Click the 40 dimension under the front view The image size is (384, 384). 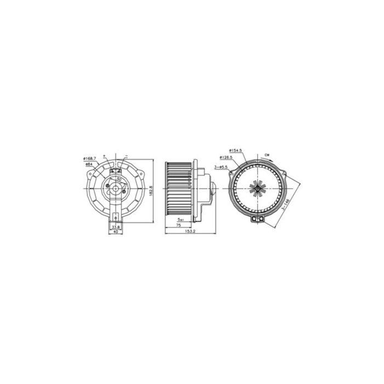115,231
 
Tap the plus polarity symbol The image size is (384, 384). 104,156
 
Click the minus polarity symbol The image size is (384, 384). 126,156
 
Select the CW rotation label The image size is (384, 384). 267,155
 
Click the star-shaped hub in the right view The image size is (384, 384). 256,188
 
